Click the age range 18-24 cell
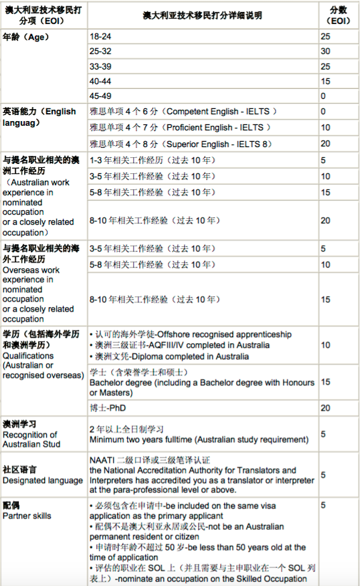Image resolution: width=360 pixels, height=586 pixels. tap(101, 36)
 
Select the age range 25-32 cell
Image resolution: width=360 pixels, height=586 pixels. tap(101, 51)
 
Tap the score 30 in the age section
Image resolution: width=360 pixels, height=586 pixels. tap(325, 51)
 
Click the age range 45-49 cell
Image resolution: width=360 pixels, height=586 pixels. tap(101, 96)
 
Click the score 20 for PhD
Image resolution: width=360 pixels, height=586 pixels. tap(325, 407)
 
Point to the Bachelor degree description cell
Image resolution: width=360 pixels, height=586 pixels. tap(201, 382)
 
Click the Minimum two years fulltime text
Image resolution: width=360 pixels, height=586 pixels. tap(198, 440)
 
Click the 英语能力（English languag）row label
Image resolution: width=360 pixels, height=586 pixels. tap(39, 116)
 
